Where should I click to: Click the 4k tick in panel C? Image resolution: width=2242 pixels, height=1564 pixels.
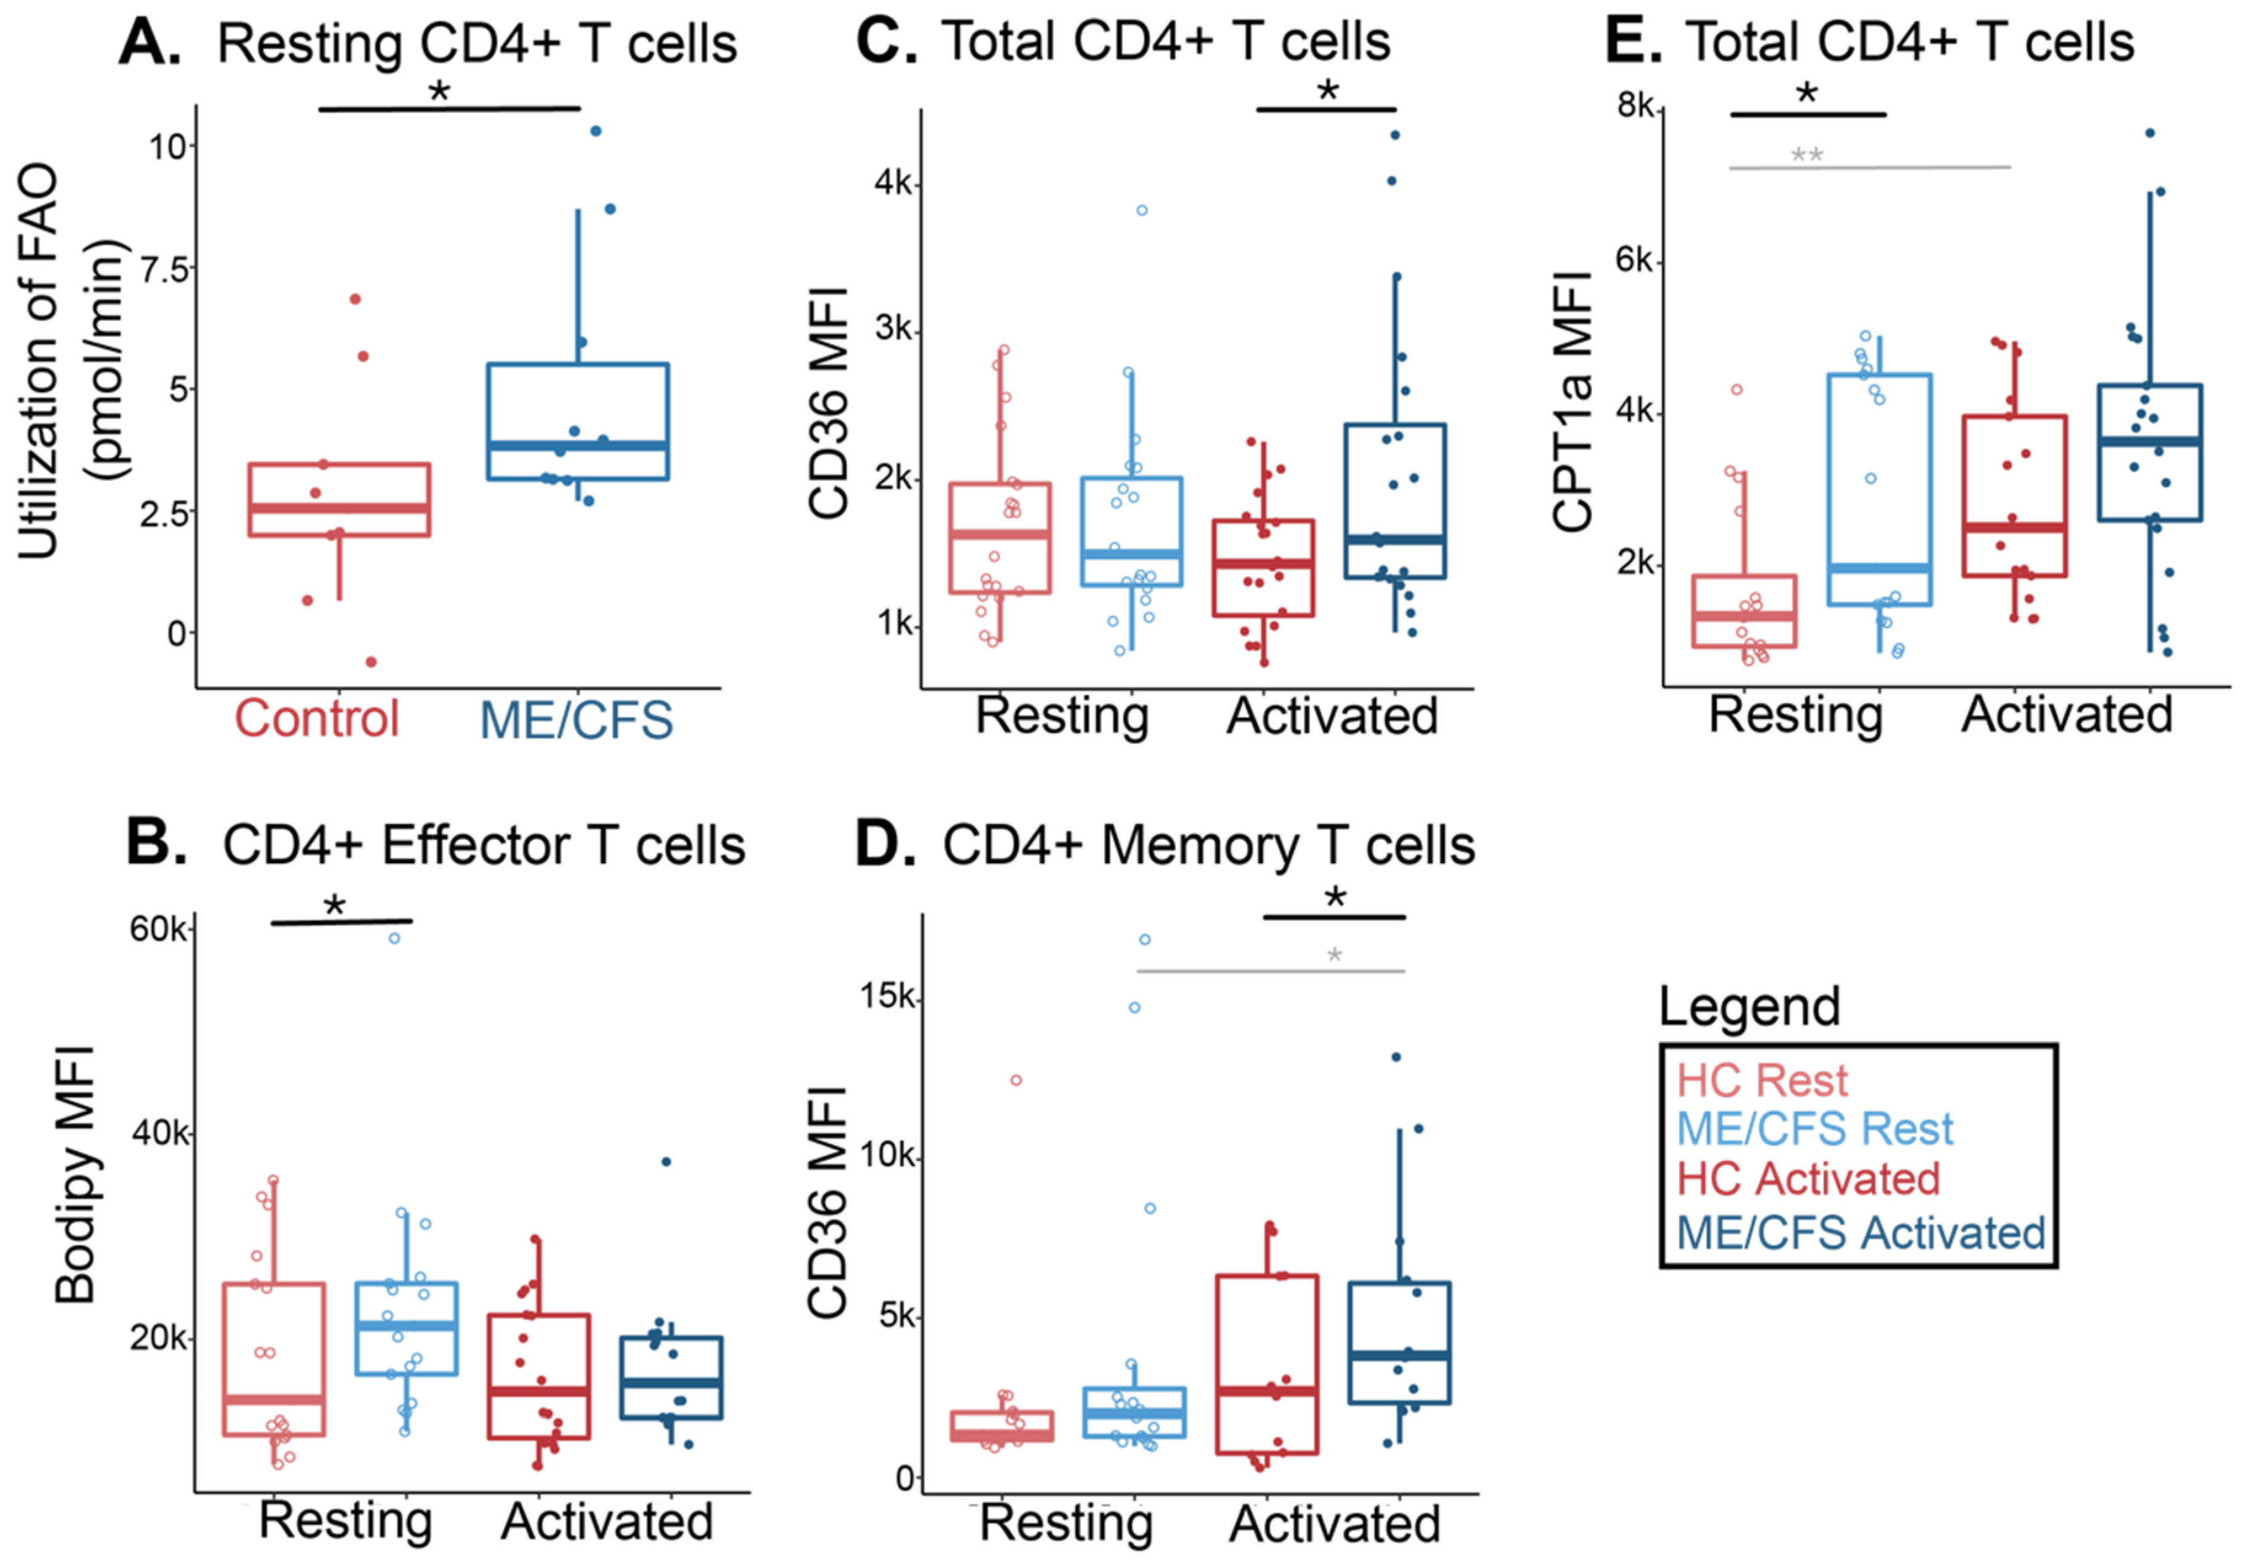pos(893,183)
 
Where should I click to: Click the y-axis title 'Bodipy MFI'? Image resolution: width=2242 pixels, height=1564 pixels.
pos(75,1175)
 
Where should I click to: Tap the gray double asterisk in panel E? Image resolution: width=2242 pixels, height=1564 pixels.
pos(1806,155)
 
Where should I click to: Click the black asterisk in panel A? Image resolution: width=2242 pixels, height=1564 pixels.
pos(439,92)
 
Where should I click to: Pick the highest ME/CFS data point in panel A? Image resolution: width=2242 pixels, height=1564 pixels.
pos(596,131)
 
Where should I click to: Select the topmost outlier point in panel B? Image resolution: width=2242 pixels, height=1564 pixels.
pos(394,938)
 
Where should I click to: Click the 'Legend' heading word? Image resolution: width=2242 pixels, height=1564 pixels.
pos(1749,1007)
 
